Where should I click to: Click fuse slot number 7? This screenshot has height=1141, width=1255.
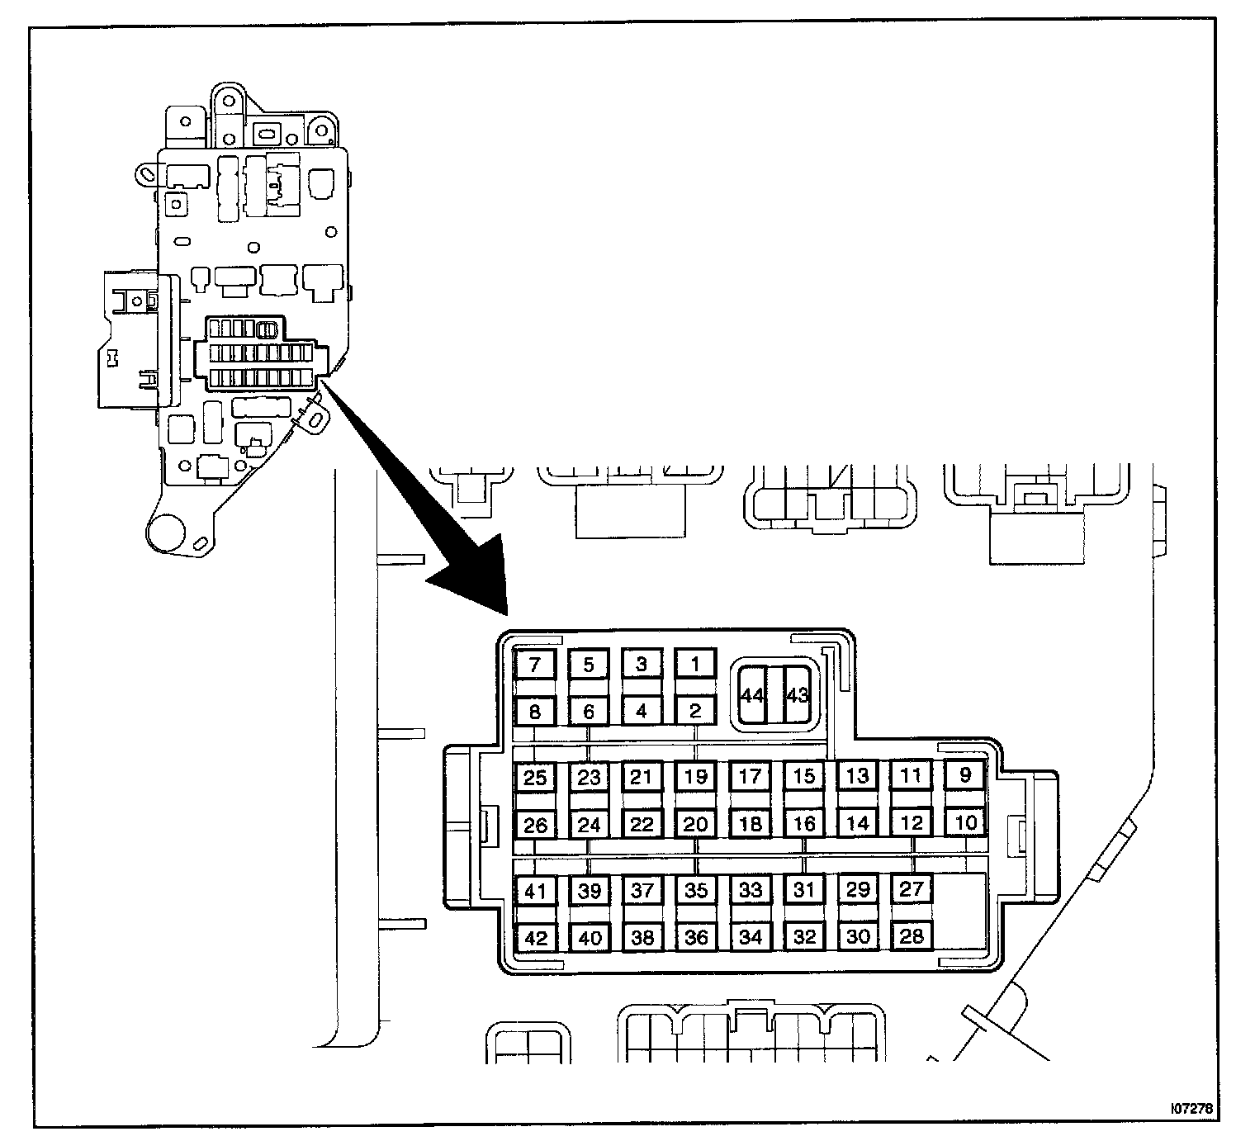click(535, 665)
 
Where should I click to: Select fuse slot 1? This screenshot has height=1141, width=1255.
click(695, 664)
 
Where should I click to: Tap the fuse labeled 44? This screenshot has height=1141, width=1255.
click(751, 695)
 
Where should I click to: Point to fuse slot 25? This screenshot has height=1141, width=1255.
click(535, 777)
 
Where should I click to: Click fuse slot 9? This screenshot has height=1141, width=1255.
click(964, 775)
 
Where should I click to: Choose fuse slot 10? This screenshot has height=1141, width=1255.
click(964, 822)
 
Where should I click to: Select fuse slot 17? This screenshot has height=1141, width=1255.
click(750, 776)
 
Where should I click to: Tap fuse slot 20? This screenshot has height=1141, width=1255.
click(696, 824)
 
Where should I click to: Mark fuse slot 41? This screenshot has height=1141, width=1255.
click(535, 891)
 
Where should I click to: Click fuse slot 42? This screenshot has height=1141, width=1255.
click(535, 938)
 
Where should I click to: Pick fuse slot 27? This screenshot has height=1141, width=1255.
click(911, 889)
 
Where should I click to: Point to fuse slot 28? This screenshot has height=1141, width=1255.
click(911, 936)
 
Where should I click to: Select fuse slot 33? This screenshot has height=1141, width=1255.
click(750, 890)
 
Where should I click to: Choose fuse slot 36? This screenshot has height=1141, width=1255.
click(696, 938)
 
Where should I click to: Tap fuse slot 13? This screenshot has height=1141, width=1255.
click(857, 776)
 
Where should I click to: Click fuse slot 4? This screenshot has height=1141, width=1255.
click(642, 710)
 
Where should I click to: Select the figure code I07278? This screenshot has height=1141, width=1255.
click(1194, 1110)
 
